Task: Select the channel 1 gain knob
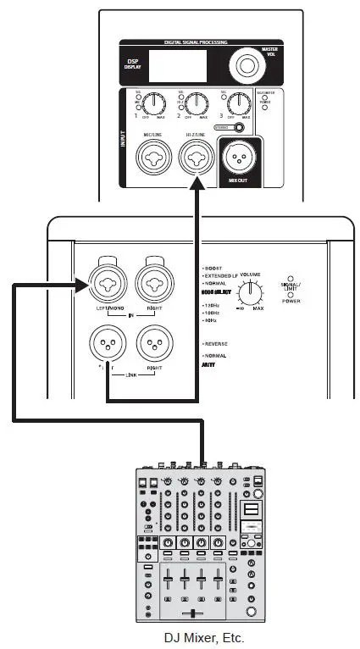(154, 103)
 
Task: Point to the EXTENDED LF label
(226, 276)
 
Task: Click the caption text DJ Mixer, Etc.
(201, 638)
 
